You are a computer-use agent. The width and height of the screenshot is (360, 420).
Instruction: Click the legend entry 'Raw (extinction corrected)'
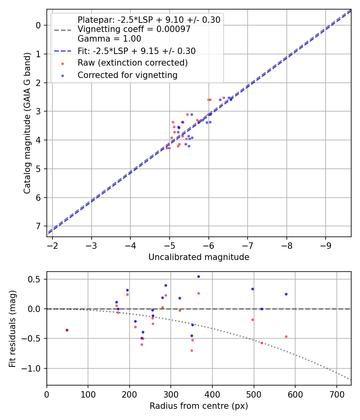coord(132,63)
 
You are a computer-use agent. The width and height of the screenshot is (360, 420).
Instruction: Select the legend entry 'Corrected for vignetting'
coord(127,75)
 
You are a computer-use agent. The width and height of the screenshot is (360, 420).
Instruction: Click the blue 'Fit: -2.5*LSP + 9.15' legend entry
coord(136,51)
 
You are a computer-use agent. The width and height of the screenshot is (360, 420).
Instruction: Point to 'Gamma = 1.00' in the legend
coord(109,39)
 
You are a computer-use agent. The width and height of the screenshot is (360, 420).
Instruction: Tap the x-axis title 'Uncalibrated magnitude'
coord(199,257)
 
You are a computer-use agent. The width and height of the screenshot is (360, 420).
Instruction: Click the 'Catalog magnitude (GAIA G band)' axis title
coord(27,122)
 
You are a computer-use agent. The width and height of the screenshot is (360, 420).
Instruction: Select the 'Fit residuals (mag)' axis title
coord(13,328)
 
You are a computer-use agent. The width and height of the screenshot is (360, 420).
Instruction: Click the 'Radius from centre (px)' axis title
coord(199,406)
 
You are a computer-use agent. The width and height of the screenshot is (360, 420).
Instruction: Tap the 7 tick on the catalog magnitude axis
coord(39,226)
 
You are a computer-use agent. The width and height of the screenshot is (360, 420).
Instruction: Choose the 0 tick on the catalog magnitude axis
coord(39,25)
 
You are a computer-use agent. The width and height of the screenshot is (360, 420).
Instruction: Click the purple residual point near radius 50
coord(67,330)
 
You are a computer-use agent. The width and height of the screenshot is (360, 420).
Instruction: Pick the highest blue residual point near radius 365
coord(198,276)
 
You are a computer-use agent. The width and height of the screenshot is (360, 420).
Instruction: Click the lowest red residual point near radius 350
coord(192,350)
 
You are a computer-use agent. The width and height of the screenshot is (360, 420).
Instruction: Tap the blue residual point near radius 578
coord(286,294)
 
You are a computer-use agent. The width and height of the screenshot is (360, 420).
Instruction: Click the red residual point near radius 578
coord(286,336)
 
